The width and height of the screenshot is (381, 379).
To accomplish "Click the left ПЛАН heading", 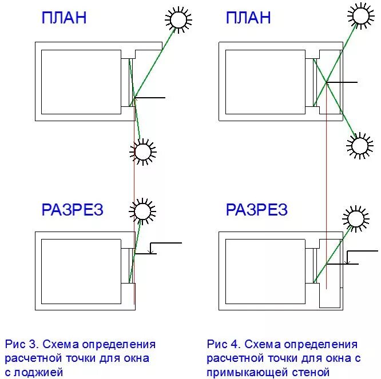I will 64,18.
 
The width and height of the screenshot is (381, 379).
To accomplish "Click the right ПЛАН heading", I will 248,18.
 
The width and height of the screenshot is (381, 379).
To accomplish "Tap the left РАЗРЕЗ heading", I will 72,210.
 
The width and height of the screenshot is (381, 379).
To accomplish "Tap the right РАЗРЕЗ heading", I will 256,210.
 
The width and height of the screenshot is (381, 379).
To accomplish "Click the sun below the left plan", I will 142,151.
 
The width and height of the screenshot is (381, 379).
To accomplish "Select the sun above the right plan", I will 361,14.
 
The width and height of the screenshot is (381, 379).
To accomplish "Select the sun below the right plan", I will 360,146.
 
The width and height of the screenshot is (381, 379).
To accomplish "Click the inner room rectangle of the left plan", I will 81,81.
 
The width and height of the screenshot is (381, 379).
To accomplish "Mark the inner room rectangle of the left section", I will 81,271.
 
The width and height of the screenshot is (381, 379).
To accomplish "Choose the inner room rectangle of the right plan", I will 265,81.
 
